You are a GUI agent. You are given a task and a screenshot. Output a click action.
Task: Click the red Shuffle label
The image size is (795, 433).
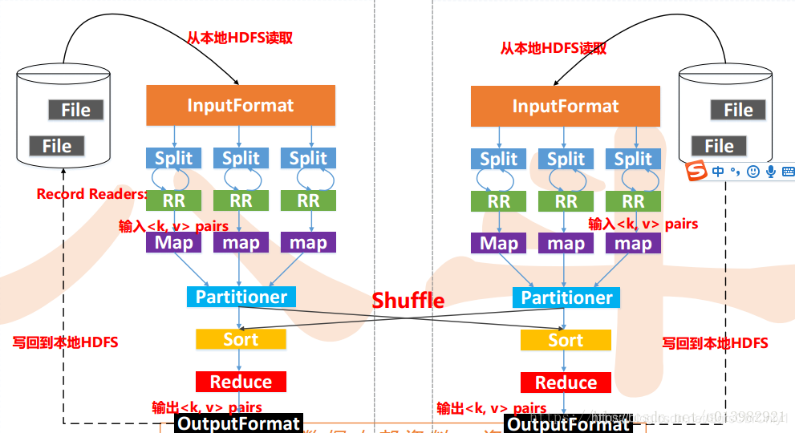pyautogui.click(x=408, y=300)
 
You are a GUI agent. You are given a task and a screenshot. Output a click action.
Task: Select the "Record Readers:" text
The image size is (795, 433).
pyautogui.click(x=91, y=194)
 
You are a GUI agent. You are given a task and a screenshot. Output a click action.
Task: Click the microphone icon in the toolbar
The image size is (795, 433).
pyautogui.click(x=771, y=171)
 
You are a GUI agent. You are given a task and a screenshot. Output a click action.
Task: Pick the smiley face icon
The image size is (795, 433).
pyautogui.click(x=752, y=171)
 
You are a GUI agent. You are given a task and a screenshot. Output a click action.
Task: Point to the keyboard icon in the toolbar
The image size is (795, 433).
pyautogui.click(x=788, y=171)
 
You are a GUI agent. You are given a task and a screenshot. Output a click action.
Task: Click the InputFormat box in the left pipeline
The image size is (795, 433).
pyautogui.click(x=240, y=105)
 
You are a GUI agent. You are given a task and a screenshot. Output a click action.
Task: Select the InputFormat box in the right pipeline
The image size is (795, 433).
pyautogui.click(x=565, y=106)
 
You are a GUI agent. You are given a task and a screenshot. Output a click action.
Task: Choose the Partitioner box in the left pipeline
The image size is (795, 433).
pyautogui.click(x=241, y=297)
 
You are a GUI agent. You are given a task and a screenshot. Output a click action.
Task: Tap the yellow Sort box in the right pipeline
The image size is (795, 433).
pyautogui.click(x=565, y=340)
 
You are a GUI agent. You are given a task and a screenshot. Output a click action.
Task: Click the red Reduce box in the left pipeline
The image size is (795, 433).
pyautogui.click(x=240, y=382)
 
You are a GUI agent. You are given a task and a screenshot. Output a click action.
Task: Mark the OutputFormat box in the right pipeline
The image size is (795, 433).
pyautogui.click(x=568, y=423)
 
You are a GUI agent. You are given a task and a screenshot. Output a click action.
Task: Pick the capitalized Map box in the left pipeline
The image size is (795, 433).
pyautogui.click(x=173, y=242)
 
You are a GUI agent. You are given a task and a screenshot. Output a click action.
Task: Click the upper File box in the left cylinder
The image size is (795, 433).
pyautogui.click(x=75, y=110)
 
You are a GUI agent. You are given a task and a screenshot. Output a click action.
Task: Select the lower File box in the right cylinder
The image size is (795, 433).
pyautogui.click(x=719, y=146)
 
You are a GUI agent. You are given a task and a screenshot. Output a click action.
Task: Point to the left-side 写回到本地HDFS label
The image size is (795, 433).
pyautogui.click(x=65, y=342)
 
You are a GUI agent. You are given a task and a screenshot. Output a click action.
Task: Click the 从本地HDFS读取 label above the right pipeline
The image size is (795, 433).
pyautogui.click(x=553, y=48)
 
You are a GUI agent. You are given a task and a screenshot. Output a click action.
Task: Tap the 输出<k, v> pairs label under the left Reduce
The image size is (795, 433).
pyautogui.click(x=207, y=407)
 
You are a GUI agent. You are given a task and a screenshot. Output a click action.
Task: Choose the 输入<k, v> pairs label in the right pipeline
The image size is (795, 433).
pyautogui.click(x=643, y=224)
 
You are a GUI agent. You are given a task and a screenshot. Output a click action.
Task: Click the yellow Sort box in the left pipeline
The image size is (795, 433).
pyautogui.click(x=240, y=339)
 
